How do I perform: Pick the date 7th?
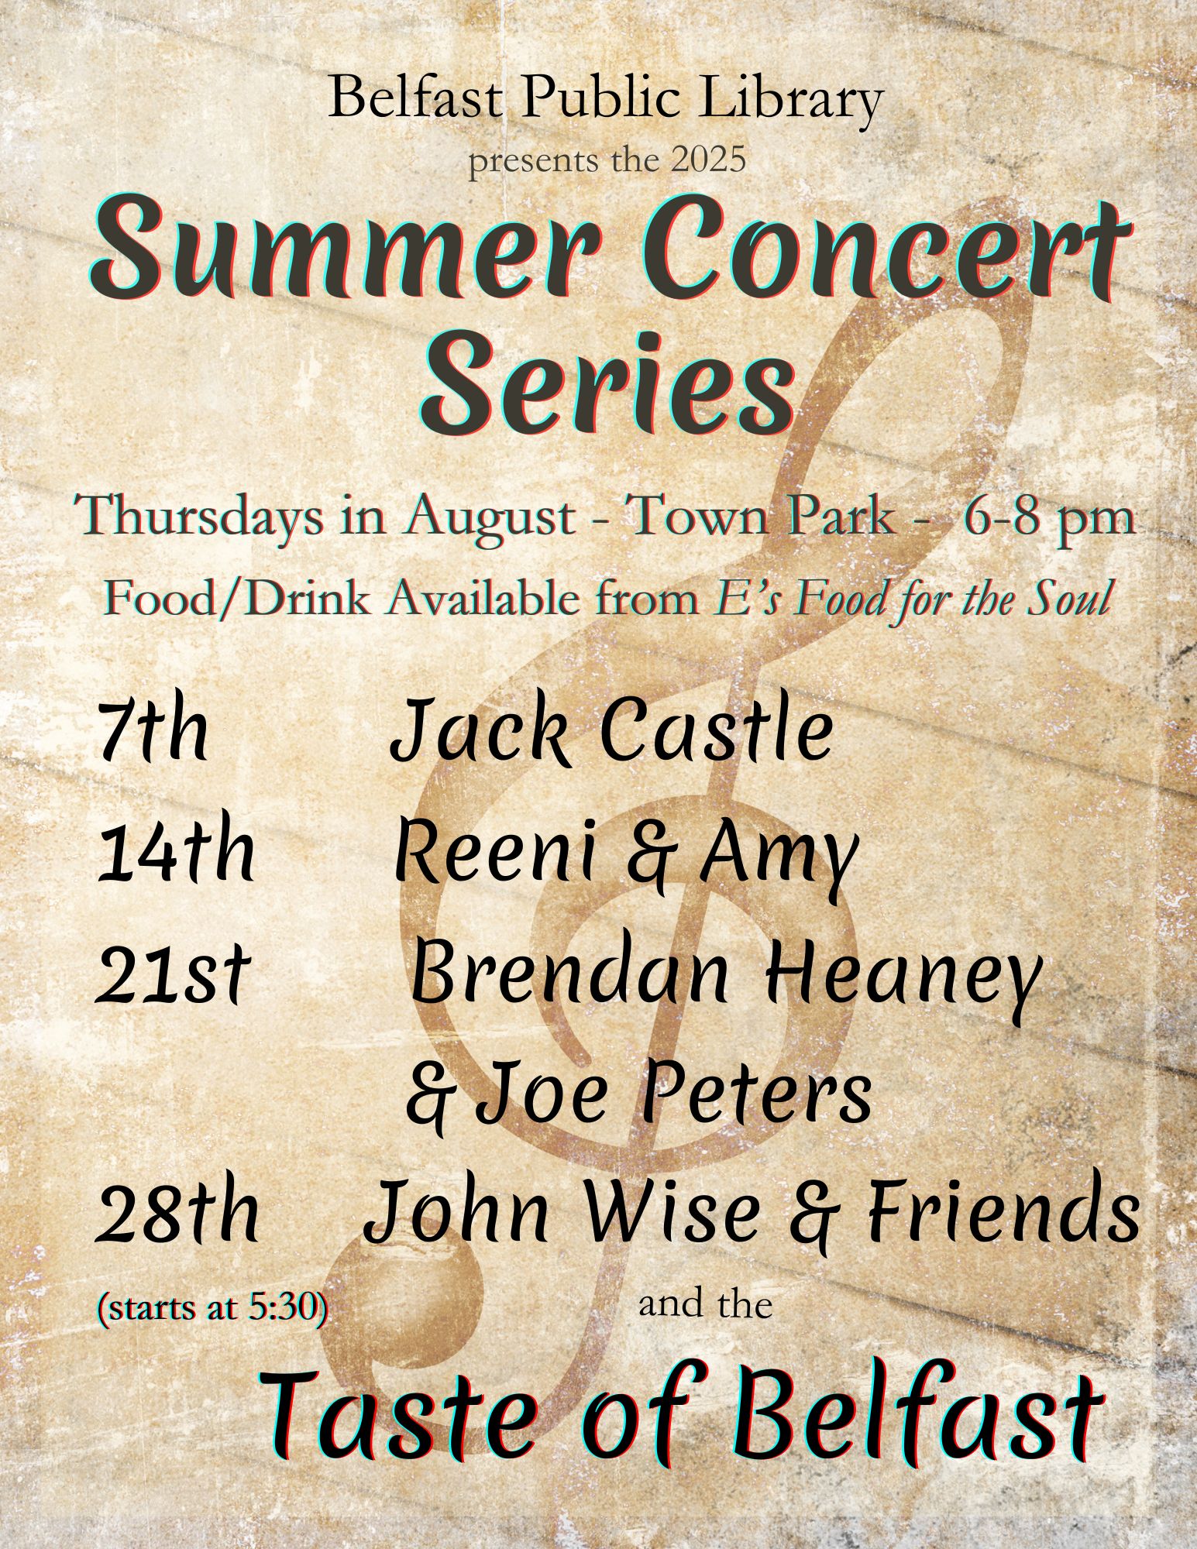pyautogui.click(x=153, y=730)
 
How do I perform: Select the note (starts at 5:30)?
pyautogui.click(x=211, y=1308)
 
